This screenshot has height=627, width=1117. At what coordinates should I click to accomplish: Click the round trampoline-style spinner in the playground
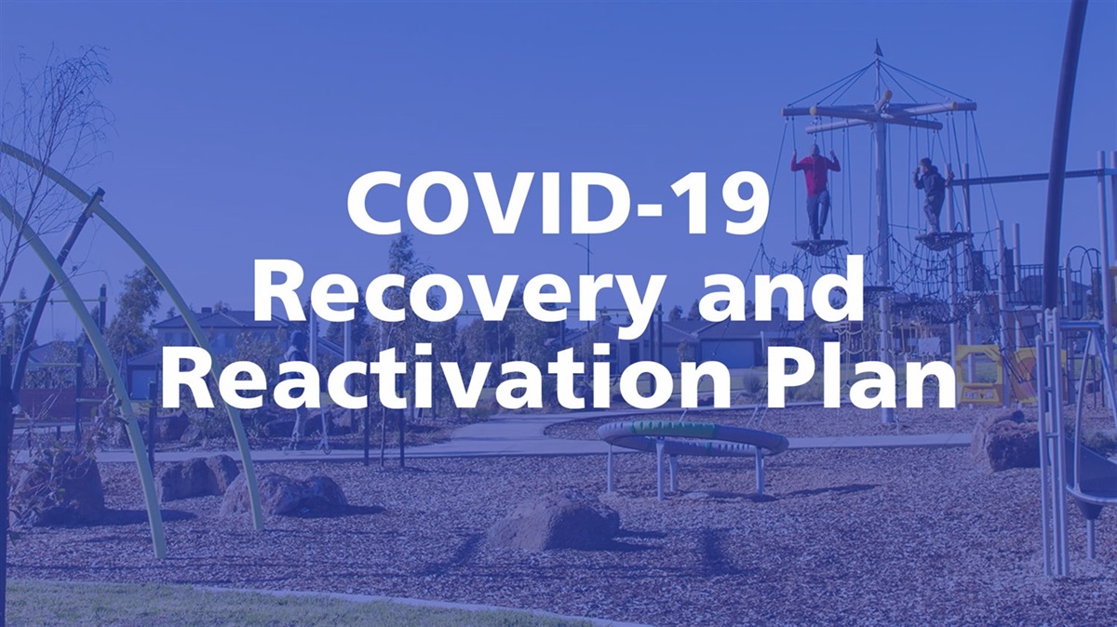point(692,437)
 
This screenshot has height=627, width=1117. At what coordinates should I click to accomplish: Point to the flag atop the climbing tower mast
point(877,48)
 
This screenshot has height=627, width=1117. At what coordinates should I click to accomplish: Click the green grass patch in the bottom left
point(140,605)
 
